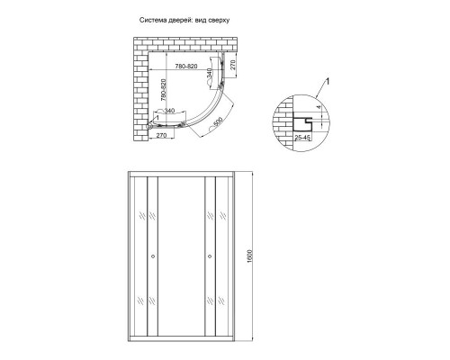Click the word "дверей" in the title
coord(170,19)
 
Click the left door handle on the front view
coord(152,257)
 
